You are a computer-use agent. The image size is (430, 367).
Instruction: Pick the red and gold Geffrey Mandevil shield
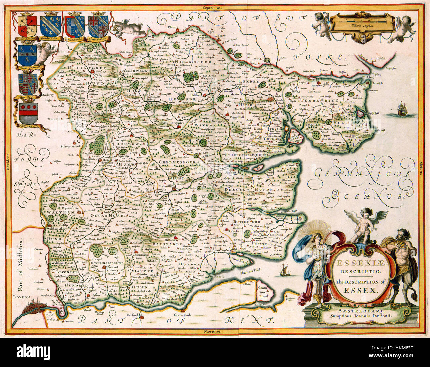click(27, 26)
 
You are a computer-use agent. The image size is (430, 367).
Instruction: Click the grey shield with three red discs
click(28, 113)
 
